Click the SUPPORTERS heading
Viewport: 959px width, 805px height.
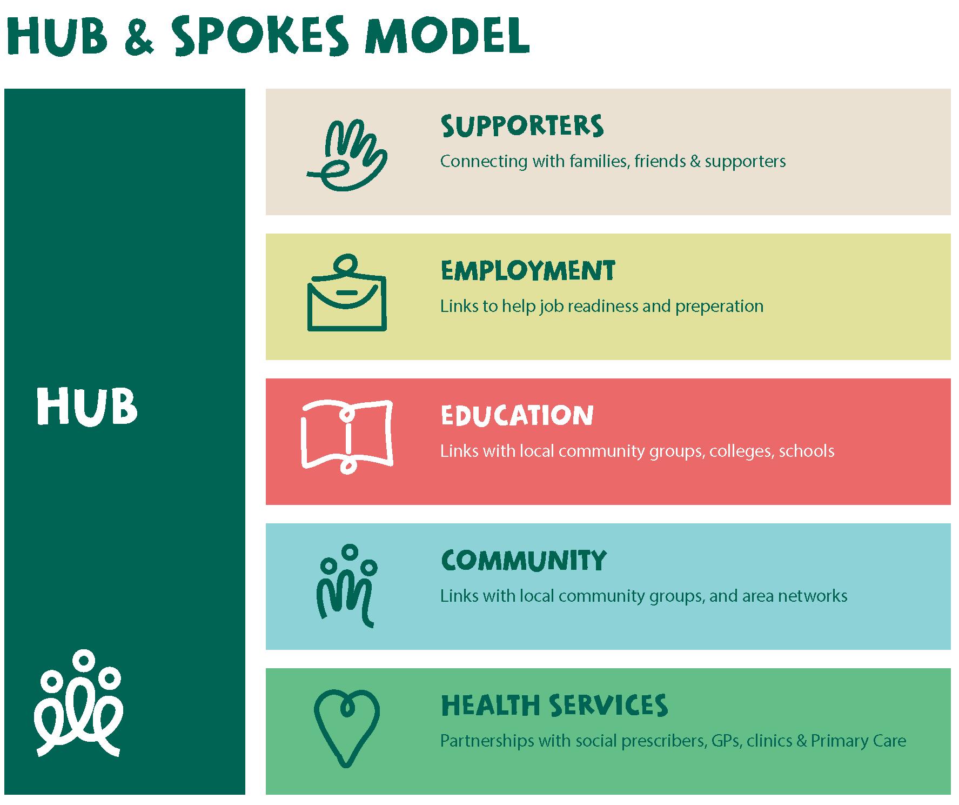point(522,125)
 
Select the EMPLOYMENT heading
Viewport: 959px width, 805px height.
point(528,270)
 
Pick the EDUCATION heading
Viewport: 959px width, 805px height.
point(517,415)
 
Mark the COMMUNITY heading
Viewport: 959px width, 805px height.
point(524,560)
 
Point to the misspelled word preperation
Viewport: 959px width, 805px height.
point(719,307)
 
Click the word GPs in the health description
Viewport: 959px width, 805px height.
point(727,741)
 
